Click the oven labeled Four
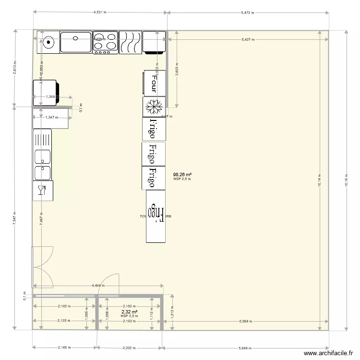click(x=154, y=83)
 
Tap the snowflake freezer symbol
click(x=154, y=107)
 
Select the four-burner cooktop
click(x=105, y=42)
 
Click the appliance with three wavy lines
click(x=130, y=42)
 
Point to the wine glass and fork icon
click(x=43, y=191)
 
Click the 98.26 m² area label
click(x=183, y=175)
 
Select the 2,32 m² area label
click(x=129, y=312)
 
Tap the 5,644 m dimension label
click(x=246, y=348)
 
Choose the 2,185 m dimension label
click(x=64, y=348)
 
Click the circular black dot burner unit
click(x=48, y=42)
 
